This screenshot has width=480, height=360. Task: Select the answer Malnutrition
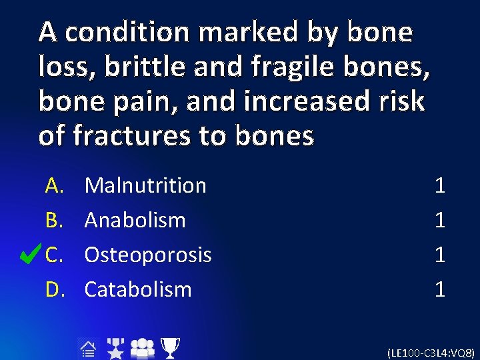pos(145,185)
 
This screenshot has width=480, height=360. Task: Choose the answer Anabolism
pos(135,220)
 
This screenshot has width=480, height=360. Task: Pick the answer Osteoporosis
pos(148,255)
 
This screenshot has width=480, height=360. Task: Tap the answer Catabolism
pos(138,289)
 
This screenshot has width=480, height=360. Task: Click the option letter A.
pos(54,185)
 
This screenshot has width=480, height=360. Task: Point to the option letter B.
pos(54,220)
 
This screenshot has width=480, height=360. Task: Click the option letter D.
pos(54,289)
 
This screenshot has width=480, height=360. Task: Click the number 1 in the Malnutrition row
pos(439,185)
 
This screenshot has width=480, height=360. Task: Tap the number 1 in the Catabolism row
pos(439,289)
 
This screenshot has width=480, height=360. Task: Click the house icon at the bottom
pos(87,347)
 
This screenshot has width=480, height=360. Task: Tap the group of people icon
pos(142,347)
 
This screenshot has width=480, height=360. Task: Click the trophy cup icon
pos(171,347)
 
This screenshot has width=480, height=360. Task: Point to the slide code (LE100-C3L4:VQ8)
pos(431,352)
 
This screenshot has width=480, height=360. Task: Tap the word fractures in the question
pos(120,136)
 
